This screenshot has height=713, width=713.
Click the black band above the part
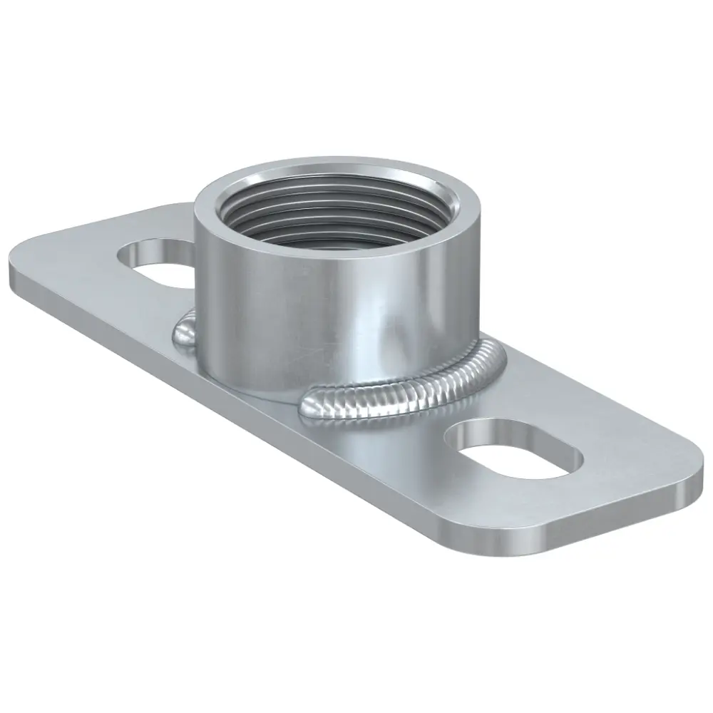[356, 71]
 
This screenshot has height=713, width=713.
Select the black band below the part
[356, 642]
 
